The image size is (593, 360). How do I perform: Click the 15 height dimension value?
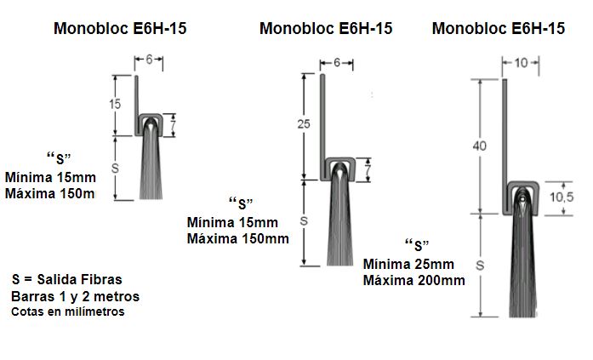click(115, 104)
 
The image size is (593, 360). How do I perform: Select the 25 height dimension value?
click(305, 123)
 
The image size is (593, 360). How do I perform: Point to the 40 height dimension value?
click(479, 146)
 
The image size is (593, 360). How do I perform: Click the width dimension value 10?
click(522, 62)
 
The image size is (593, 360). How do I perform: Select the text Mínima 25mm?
click(408, 263)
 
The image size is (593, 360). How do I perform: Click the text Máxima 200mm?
click(413, 280)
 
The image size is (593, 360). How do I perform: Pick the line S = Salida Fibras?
click(67, 279)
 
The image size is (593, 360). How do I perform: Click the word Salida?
click(57, 279)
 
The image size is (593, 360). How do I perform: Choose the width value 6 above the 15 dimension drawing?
click(148, 60)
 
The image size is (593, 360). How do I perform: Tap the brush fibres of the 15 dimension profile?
click(150, 166)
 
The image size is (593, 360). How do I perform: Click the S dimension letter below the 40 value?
click(479, 264)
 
